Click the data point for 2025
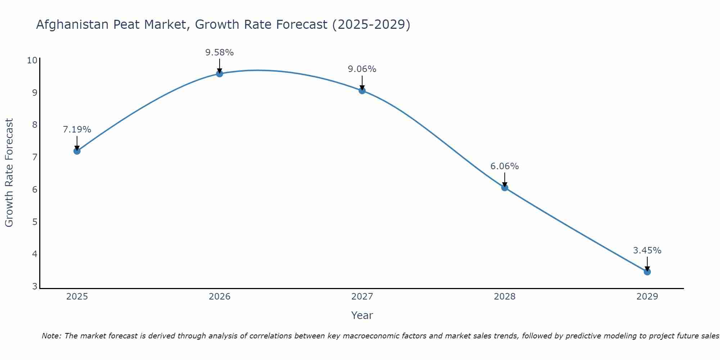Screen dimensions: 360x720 (x=77, y=151)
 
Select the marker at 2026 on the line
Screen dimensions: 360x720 (x=220, y=74)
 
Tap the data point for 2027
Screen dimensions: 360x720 (x=362, y=90)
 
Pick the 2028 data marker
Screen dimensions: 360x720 (x=505, y=188)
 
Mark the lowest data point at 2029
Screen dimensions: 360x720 (x=647, y=272)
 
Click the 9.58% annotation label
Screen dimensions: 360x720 (x=220, y=53)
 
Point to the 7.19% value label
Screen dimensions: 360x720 (x=77, y=130)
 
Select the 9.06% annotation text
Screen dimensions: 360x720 (x=362, y=69)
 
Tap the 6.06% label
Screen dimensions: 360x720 (x=505, y=166)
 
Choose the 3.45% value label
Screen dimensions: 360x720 (x=647, y=251)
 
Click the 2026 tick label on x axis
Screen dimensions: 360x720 (x=220, y=297)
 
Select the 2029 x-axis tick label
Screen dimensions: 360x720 (x=647, y=297)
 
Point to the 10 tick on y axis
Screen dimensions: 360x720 (x=32, y=60)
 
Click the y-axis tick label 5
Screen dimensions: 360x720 (x=35, y=222)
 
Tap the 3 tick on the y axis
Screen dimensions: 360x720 (x=35, y=287)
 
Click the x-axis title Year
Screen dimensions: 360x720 (x=362, y=315)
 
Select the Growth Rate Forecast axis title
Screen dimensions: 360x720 (x=9, y=173)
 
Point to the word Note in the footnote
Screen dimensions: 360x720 (x=51, y=336)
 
